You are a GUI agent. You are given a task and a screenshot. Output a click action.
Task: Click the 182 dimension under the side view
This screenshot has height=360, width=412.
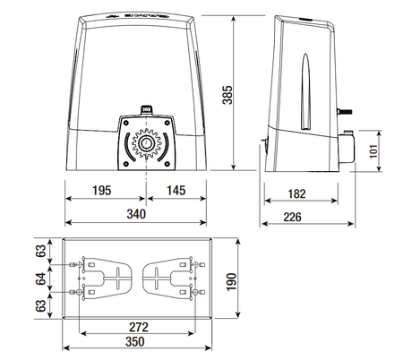tap(299, 194)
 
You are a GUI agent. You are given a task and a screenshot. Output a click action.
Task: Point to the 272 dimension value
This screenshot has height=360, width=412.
tap(136, 328)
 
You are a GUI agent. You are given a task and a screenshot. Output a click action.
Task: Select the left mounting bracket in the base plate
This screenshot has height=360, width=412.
tap(106, 279)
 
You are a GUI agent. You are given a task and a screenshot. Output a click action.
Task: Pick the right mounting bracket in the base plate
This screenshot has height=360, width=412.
tap(168, 279)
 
